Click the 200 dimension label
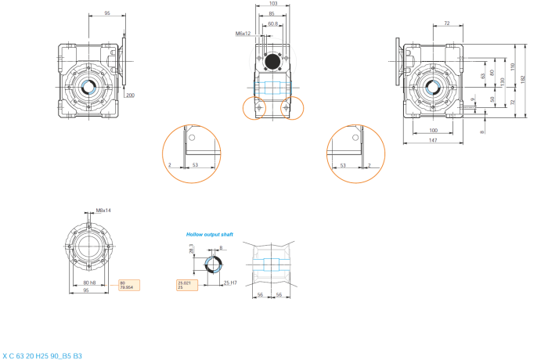click(x=130, y=95)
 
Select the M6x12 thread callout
click(x=243, y=34)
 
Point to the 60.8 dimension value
click(x=272, y=23)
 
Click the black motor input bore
click(x=273, y=60)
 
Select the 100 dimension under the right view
click(x=433, y=129)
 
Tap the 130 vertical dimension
click(x=502, y=81)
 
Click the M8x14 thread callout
click(x=103, y=211)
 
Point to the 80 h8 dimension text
click(x=89, y=283)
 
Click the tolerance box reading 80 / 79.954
click(x=128, y=284)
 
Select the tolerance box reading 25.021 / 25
click(x=187, y=285)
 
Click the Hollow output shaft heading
click(x=209, y=234)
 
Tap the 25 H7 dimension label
click(x=230, y=283)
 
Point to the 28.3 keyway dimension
click(x=191, y=248)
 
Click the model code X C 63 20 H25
click(x=42, y=355)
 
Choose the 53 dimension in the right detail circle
click(x=344, y=165)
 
